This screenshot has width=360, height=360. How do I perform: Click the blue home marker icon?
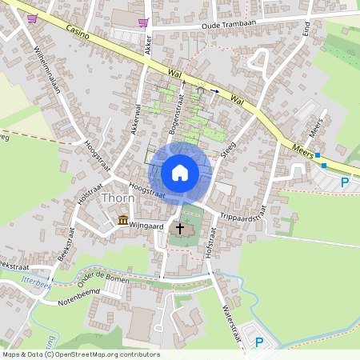click(180, 173)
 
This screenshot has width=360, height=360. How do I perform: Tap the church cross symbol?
click(181, 230)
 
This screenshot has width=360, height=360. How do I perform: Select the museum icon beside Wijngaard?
click(123, 220)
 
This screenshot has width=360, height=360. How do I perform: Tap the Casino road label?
click(78, 32)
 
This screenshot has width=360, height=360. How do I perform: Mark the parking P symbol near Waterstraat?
click(258, 342)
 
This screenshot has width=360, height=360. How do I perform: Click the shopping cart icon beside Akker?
click(143, 22)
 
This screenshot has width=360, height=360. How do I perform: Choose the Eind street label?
click(306, 30)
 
